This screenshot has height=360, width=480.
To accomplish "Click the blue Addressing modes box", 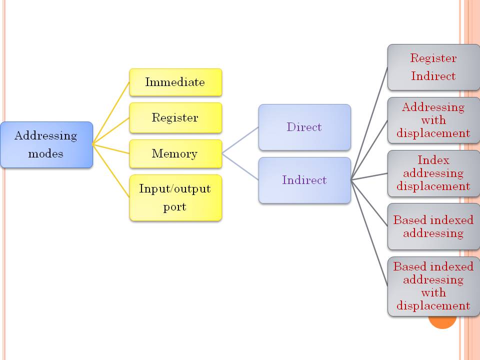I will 46,144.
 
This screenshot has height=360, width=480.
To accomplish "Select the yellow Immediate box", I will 175,82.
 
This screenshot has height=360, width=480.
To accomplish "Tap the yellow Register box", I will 175,118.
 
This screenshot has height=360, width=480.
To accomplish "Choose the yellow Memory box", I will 175,154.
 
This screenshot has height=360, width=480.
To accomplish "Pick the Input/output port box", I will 175,197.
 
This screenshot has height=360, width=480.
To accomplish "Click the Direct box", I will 304,127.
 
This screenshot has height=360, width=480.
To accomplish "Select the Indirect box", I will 304,180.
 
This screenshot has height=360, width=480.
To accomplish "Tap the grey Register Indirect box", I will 433,67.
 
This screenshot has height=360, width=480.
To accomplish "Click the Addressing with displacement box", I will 433,120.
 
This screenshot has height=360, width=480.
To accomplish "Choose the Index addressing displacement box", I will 433,173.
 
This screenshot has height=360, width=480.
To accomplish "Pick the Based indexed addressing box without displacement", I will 433,226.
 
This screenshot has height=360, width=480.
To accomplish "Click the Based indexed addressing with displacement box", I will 433,286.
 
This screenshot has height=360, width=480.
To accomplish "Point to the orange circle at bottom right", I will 443,323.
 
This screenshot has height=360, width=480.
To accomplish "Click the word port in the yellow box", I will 174,206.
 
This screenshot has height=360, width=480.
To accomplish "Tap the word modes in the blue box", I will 46,153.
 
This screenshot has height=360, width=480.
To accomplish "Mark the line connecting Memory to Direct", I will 240,139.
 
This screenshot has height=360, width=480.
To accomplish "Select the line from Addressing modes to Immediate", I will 111,113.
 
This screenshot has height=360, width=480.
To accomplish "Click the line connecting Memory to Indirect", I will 240,166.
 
